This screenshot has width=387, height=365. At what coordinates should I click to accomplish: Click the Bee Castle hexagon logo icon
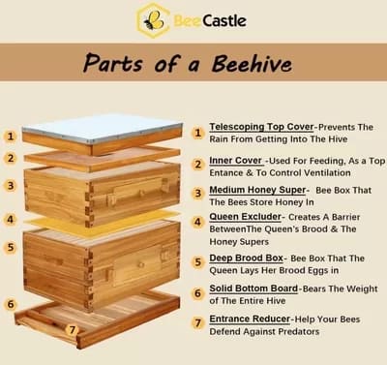click(x=153, y=19)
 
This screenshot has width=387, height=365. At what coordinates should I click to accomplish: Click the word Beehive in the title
click(x=243, y=65)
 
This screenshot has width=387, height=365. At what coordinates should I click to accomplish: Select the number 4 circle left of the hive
click(x=10, y=219)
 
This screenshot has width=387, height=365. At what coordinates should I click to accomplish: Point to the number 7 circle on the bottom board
click(x=71, y=329)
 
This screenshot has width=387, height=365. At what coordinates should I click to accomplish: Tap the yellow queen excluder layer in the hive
click(x=102, y=219)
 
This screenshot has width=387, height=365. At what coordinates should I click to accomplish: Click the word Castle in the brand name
click(x=223, y=19)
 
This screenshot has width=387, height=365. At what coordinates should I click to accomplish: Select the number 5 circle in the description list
click(x=197, y=261)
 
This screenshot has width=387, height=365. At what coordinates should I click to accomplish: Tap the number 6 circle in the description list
click(x=197, y=291)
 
